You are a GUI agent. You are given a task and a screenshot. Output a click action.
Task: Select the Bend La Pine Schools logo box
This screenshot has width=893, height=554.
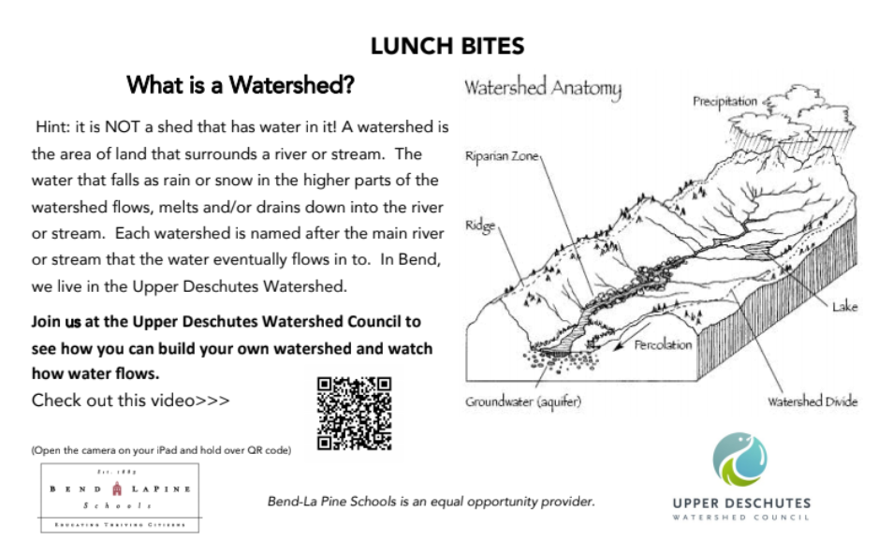click(119, 497)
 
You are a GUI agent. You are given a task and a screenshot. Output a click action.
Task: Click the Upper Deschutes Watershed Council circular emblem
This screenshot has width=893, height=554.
click(740, 459)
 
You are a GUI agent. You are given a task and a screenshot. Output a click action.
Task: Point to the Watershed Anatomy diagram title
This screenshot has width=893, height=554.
click(543, 89)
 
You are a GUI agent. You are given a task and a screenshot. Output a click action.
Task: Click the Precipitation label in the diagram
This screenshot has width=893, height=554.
click(725, 102)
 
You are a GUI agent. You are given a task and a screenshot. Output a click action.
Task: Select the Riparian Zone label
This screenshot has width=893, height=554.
click(502, 157)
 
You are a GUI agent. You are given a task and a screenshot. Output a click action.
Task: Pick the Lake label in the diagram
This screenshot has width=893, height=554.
click(844, 307)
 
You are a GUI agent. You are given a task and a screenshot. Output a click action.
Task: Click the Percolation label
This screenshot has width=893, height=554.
click(663, 345)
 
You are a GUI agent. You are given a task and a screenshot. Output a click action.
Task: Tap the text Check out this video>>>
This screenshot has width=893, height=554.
click(131, 401)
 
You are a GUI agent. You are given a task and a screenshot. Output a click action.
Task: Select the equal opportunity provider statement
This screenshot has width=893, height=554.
click(432, 502)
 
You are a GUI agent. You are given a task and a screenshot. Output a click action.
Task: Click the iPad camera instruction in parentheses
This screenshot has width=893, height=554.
click(161, 450)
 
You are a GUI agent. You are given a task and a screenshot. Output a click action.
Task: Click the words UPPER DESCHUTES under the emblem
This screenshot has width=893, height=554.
click(741, 503)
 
